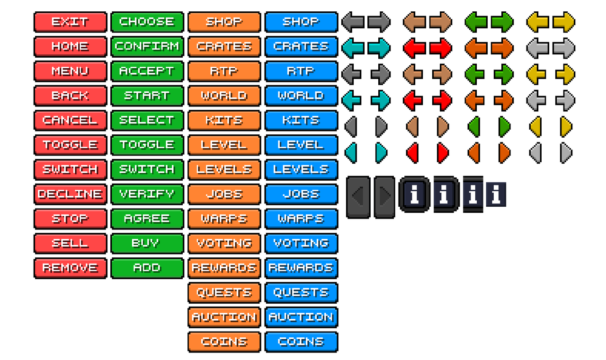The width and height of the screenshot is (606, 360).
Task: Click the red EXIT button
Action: tap(71, 22)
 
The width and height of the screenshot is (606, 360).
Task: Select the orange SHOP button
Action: tap(224, 22)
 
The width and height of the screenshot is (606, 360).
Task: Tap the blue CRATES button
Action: tap(302, 46)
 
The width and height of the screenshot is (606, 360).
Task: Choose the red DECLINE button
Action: tap(71, 194)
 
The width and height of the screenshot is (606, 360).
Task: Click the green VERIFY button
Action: tap(147, 194)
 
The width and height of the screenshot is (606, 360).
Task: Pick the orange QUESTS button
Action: tap(224, 293)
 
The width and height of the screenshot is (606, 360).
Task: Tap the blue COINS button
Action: tap(302, 342)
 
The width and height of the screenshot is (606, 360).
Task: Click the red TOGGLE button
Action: tap(71, 145)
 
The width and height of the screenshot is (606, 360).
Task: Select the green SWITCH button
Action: tap(147, 170)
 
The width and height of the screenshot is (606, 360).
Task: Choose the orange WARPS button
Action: tap(224, 219)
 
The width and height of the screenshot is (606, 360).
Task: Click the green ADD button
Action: tap(147, 268)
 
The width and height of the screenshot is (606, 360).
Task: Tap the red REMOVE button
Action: tap(71, 268)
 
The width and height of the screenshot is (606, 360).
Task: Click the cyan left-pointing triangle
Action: tap(351, 153)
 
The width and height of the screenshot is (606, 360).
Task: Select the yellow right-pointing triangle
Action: tap(566, 127)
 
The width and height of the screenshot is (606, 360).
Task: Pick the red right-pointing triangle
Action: tap(443, 153)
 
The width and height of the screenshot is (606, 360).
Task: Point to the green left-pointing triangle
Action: tap(474, 127)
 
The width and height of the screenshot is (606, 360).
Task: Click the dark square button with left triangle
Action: tap(358, 197)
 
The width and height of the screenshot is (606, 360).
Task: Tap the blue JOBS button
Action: tap(302, 194)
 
